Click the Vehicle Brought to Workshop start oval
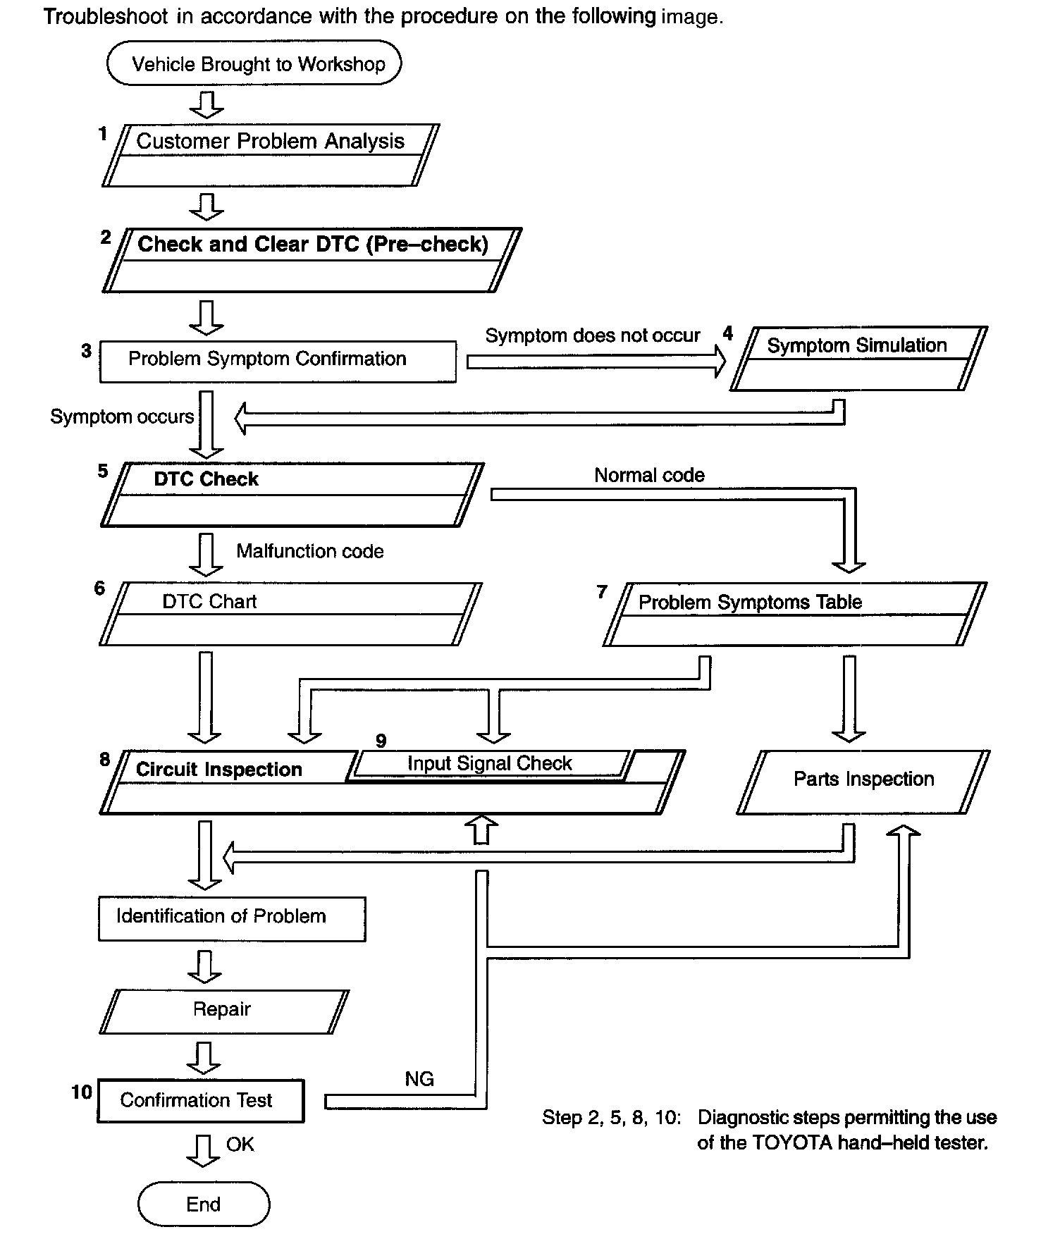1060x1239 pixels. click(x=254, y=63)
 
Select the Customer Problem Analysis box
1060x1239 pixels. click(x=271, y=156)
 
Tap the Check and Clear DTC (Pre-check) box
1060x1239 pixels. click(x=312, y=259)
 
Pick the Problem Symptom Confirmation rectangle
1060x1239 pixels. click(x=278, y=362)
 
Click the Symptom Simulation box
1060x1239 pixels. click(x=858, y=358)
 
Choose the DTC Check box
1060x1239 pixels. click(x=292, y=495)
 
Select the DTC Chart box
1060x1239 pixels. click(x=290, y=614)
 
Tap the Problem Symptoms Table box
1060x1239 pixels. click(x=794, y=614)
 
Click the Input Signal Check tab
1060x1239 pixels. click(x=490, y=764)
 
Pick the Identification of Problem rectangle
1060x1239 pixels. click(x=232, y=918)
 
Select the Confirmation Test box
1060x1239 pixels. click(x=200, y=1100)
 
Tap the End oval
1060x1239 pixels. click(x=204, y=1204)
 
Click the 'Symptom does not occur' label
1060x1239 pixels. click(x=593, y=335)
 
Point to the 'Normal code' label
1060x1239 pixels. click(x=649, y=475)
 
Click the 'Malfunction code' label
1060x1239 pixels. click(x=310, y=551)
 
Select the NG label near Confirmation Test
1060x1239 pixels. click(x=419, y=1079)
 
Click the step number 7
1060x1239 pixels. click(x=602, y=592)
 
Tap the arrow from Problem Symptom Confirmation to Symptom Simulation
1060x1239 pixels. click(x=596, y=362)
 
